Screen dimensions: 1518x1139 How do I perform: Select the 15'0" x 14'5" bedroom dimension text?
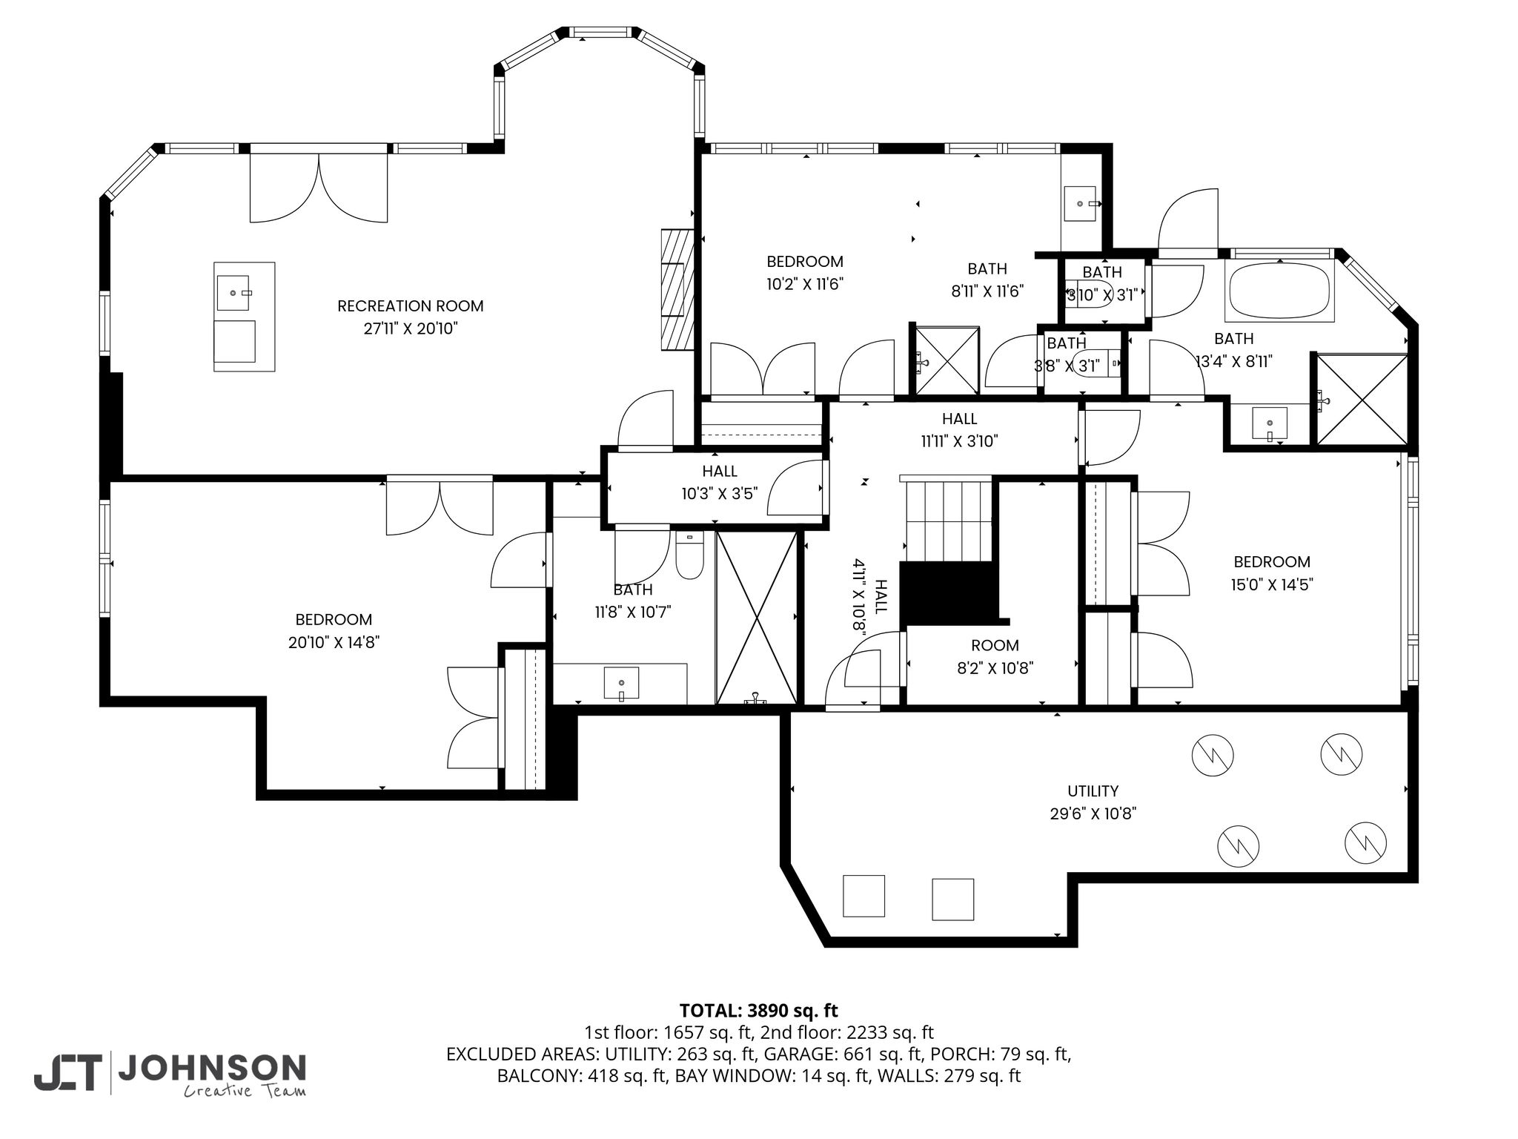[1272, 584]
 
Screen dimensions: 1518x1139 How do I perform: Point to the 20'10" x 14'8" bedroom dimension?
[334, 642]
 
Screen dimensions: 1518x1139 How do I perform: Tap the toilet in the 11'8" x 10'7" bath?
[689, 555]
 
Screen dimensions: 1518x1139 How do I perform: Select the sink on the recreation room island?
[236, 292]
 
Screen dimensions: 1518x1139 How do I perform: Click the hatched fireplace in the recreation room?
[677, 290]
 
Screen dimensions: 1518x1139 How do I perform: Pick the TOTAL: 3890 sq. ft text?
[758, 1010]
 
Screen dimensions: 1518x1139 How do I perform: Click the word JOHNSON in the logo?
[212, 1068]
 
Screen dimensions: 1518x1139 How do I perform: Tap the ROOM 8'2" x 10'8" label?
[995, 656]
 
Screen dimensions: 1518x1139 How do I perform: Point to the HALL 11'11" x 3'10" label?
[959, 430]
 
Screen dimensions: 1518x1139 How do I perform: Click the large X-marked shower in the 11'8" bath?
[757, 618]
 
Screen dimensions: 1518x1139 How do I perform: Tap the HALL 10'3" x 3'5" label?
[719, 482]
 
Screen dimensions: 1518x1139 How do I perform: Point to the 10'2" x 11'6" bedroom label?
[805, 272]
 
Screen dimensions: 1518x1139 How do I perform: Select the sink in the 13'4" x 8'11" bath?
[1269, 425]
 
